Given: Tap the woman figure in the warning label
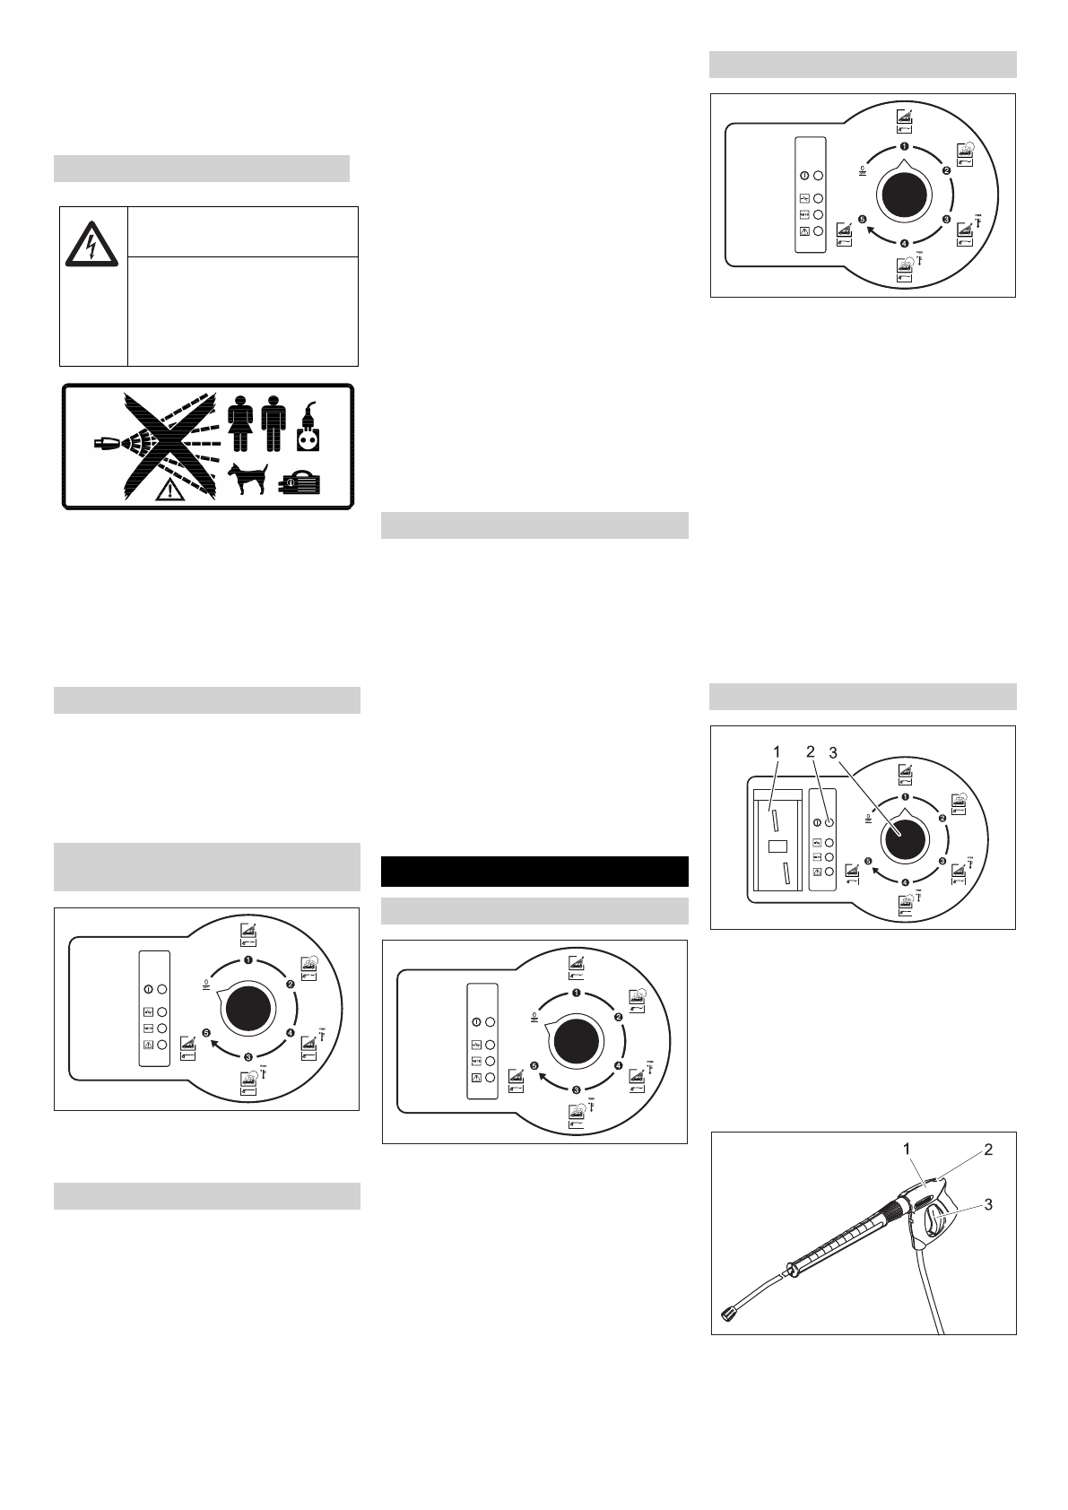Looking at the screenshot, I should pos(241,425).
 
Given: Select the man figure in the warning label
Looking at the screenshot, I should pos(274,425).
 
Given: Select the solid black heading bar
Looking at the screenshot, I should pos(534,872).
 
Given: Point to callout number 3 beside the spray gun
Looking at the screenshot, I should pos(988,1205).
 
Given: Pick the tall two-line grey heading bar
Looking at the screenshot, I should pos(207,866).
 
